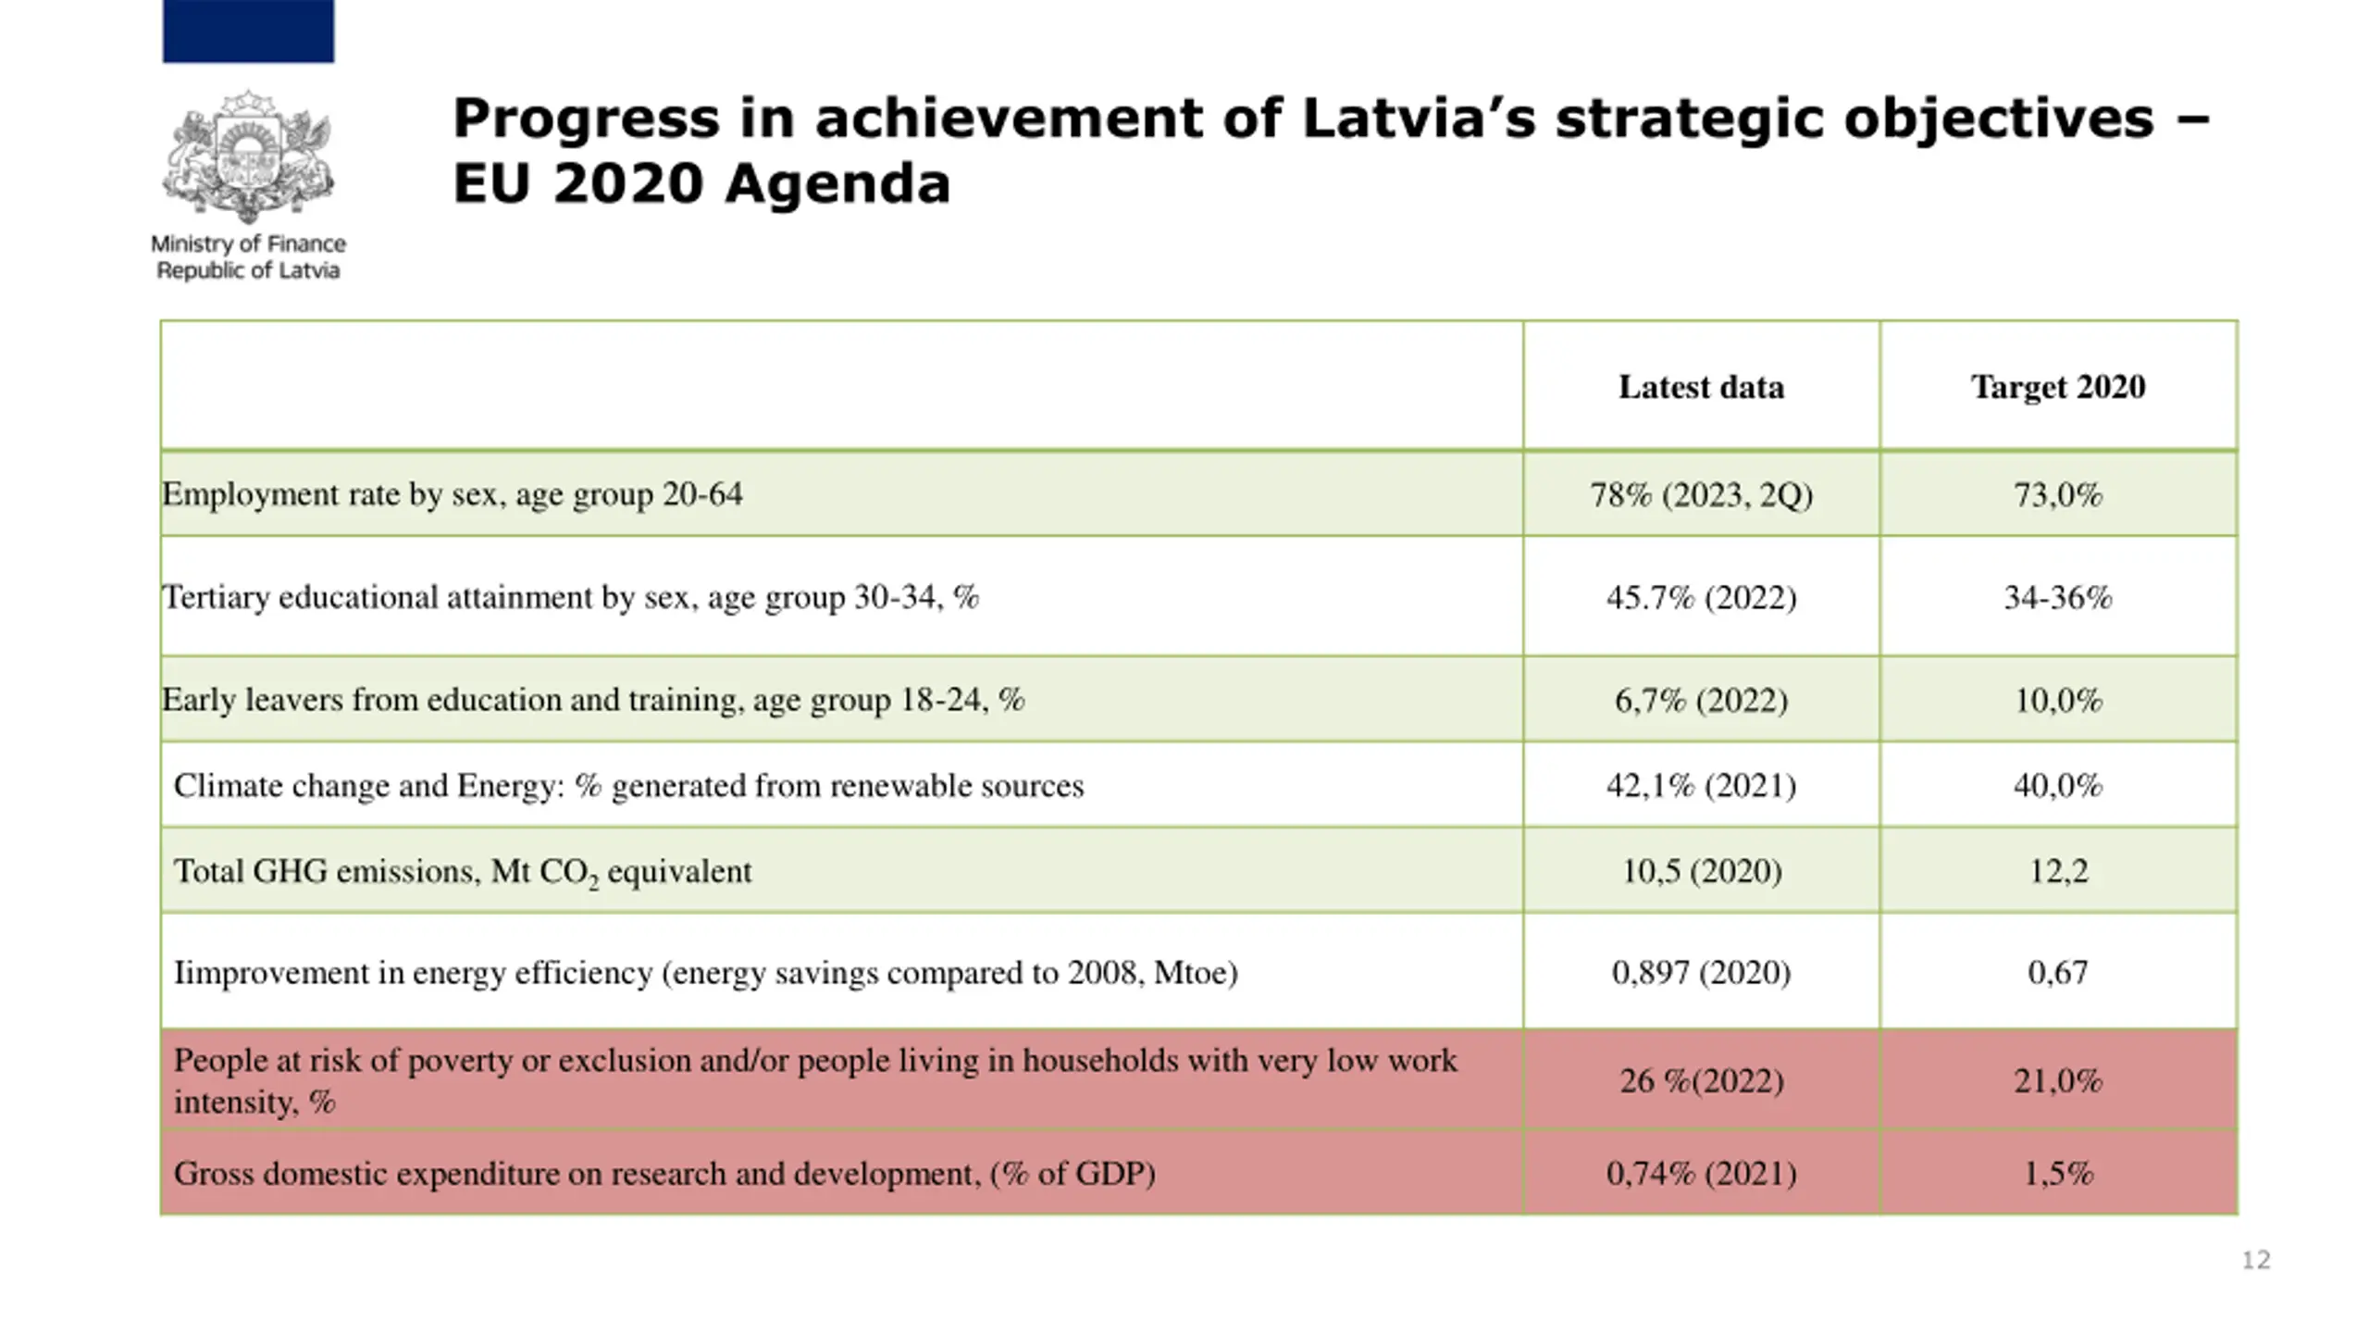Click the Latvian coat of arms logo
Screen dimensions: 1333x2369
(248, 156)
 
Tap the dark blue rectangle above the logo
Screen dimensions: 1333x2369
(248, 31)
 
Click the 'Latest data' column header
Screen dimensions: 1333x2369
(1701, 387)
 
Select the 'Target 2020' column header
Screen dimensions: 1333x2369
(2058, 387)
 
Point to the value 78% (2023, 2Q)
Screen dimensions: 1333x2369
(1701, 495)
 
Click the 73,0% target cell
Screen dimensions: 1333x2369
(2058, 495)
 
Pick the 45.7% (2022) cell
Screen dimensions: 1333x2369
(1701, 597)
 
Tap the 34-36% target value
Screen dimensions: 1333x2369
(2058, 597)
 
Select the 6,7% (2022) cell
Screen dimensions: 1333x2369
(1701, 700)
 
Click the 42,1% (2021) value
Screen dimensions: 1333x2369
(1701, 786)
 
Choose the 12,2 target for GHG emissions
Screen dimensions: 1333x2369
(2058, 871)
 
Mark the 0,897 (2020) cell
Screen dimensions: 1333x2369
(1701, 972)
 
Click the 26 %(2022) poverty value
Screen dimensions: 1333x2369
(1701, 1080)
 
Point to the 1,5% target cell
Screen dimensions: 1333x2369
(2058, 1174)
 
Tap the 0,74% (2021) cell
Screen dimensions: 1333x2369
(1701, 1174)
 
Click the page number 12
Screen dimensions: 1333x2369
(2255, 1260)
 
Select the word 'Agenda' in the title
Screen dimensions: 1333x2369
(837, 183)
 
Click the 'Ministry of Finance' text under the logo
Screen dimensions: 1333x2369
(248, 244)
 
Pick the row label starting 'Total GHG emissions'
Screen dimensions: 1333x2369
(463, 872)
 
